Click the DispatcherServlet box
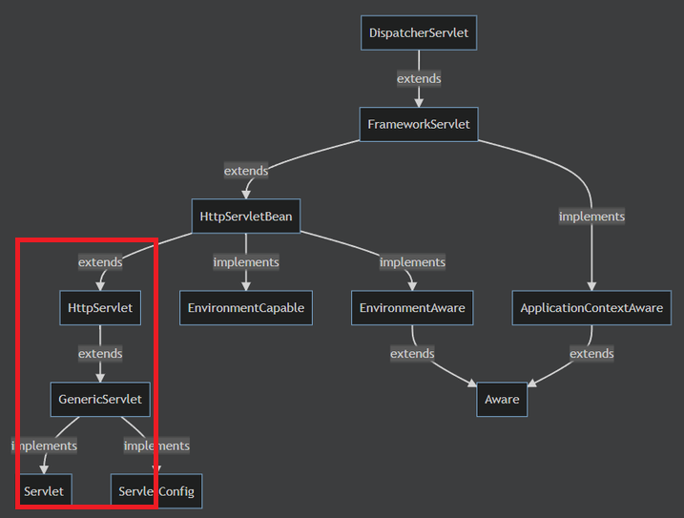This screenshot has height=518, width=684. pyautogui.click(x=419, y=33)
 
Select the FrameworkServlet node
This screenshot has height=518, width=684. pyautogui.click(x=419, y=124)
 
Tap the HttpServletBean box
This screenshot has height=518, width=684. pyautogui.click(x=246, y=217)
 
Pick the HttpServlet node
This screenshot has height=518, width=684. pyautogui.click(x=100, y=308)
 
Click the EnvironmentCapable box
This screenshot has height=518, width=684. pyautogui.click(x=246, y=308)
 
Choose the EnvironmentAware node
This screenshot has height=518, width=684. pyautogui.click(x=412, y=308)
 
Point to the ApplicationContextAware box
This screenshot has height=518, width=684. pyautogui.click(x=591, y=308)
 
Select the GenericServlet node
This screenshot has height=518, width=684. pyautogui.click(x=100, y=399)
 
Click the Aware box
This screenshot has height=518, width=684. pyautogui.click(x=502, y=399)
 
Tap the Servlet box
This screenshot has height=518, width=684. pyautogui.click(x=44, y=491)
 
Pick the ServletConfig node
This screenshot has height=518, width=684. pyautogui.click(x=156, y=491)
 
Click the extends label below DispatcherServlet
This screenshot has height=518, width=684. pyautogui.click(x=419, y=78)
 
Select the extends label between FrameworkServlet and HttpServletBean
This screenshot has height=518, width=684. pyautogui.click(x=246, y=171)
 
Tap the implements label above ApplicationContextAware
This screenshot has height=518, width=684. pyautogui.click(x=591, y=217)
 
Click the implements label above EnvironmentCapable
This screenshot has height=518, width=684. pyautogui.click(x=246, y=262)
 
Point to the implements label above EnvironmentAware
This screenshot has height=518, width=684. pyautogui.click(x=412, y=262)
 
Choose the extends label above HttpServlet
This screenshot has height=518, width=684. pyautogui.click(x=100, y=262)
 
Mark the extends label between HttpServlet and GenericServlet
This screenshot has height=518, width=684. pyautogui.click(x=100, y=353)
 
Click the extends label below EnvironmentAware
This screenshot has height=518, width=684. pyautogui.click(x=412, y=353)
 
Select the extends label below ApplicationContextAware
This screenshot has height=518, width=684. pyautogui.click(x=591, y=353)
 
